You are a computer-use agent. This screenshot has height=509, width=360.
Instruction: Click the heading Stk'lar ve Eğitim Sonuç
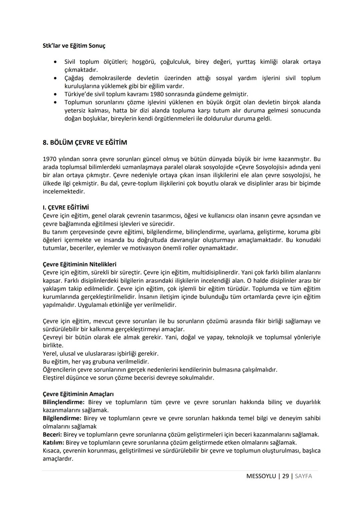point(74,46)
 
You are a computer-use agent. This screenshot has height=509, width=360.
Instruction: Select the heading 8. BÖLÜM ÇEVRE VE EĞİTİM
point(85,142)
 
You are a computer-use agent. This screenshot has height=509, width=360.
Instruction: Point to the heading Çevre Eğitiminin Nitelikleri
point(79,264)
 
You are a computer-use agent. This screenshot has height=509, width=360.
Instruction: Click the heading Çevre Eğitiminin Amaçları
point(78,394)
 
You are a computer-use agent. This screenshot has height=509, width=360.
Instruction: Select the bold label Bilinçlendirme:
point(63,402)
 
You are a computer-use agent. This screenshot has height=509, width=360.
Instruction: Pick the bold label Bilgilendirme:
point(62,418)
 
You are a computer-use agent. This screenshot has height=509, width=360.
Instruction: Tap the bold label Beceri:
point(52,435)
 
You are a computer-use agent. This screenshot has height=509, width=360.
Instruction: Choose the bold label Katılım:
point(53,443)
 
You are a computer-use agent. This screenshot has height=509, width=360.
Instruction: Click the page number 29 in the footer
point(285,476)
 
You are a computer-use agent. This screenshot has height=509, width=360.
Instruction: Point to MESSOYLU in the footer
point(261,476)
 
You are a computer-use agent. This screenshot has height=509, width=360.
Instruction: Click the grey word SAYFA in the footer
point(303,476)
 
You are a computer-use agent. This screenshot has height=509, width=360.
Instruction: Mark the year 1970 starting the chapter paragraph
point(50,159)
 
